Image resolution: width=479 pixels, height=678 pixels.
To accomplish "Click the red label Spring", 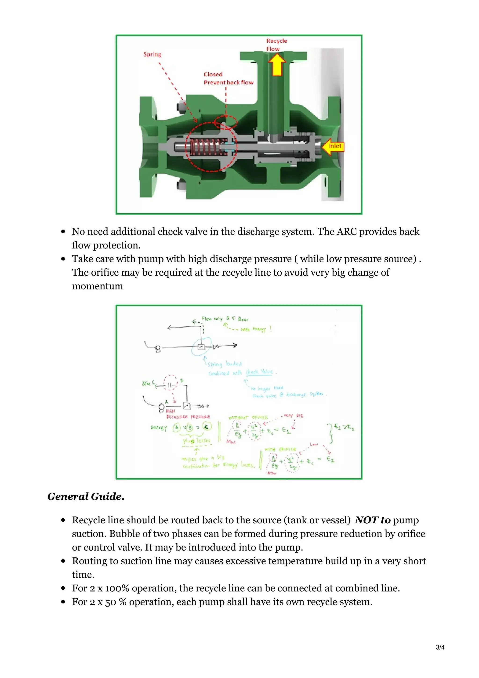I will [152, 54].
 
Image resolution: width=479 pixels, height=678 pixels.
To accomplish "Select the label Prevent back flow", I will [229, 82].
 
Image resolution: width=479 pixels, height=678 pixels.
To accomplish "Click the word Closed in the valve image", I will [213, 74].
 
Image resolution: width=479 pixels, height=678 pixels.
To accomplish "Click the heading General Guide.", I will [86, 497].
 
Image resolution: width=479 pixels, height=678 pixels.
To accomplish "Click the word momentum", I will [97, 286].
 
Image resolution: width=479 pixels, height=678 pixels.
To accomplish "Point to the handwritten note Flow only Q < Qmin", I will [225, 319].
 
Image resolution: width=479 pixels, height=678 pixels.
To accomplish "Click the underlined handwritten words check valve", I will [259, 372].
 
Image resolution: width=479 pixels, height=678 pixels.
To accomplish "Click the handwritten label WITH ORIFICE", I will [280, 449].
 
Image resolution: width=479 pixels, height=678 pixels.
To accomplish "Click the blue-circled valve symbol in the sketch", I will [201, 347].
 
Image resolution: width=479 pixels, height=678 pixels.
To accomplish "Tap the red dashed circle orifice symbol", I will [170, 383].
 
